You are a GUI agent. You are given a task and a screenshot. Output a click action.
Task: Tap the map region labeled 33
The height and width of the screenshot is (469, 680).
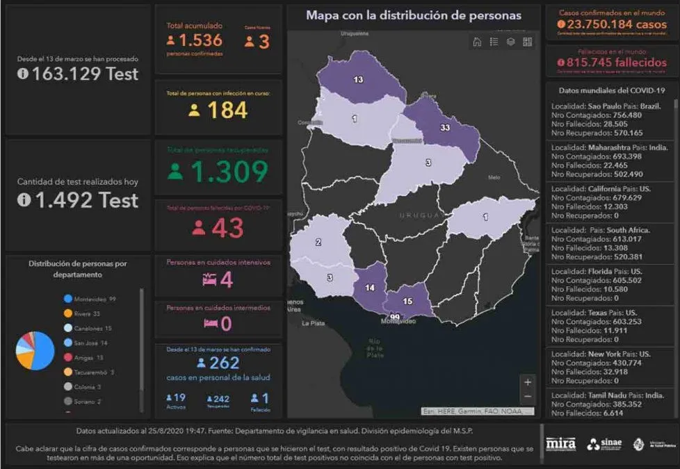[445, 129]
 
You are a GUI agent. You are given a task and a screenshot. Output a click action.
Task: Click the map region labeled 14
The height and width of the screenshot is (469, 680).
[369, 288]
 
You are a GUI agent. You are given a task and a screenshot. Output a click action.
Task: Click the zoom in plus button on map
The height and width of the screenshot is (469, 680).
[528, 381]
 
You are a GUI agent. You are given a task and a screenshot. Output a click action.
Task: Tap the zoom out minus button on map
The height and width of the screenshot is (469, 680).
[528, 397]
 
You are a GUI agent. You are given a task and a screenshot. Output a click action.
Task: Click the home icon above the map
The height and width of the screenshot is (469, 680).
[477, 42]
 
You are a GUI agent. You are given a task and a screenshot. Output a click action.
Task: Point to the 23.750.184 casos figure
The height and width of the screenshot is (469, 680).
[612, 24]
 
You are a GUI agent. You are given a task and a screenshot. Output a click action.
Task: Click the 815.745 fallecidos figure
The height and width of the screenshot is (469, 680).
[612, 63]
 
